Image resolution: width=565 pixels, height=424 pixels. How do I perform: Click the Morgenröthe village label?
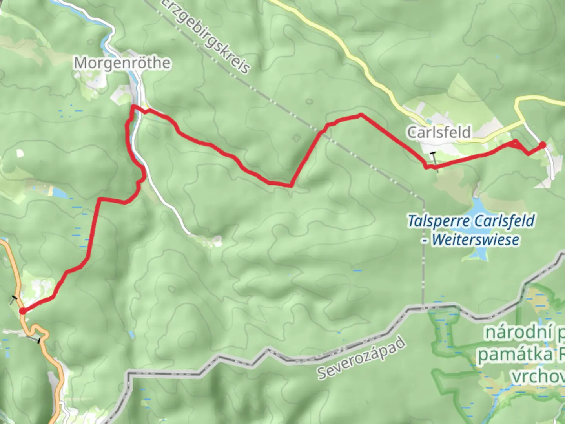[122, 63]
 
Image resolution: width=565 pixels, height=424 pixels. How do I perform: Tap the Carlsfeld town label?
[439, 132]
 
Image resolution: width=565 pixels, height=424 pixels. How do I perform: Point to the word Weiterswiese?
[476, 239]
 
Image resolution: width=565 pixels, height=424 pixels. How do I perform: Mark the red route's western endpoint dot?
[23, 311]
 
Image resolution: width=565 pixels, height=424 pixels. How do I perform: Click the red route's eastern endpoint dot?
[543, 145]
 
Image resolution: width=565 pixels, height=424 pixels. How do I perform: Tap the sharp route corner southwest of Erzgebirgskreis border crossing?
[291, 185]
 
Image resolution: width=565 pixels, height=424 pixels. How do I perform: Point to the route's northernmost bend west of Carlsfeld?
[360, 115]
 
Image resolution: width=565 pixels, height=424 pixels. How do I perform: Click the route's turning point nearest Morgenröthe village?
[134, 107]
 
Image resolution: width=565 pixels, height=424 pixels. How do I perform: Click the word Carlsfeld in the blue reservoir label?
[504, 221]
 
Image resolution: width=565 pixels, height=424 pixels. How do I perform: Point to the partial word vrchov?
[538, 377]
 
